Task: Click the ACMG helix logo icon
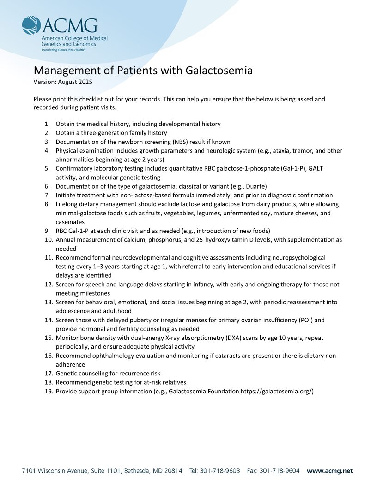point(31,25)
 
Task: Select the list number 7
point(47,195)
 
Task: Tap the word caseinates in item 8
point(70,222)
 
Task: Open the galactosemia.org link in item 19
point(277,391)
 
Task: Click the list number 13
point(49,302)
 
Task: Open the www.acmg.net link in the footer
point(329,471)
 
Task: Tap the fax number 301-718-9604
point(280,471)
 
